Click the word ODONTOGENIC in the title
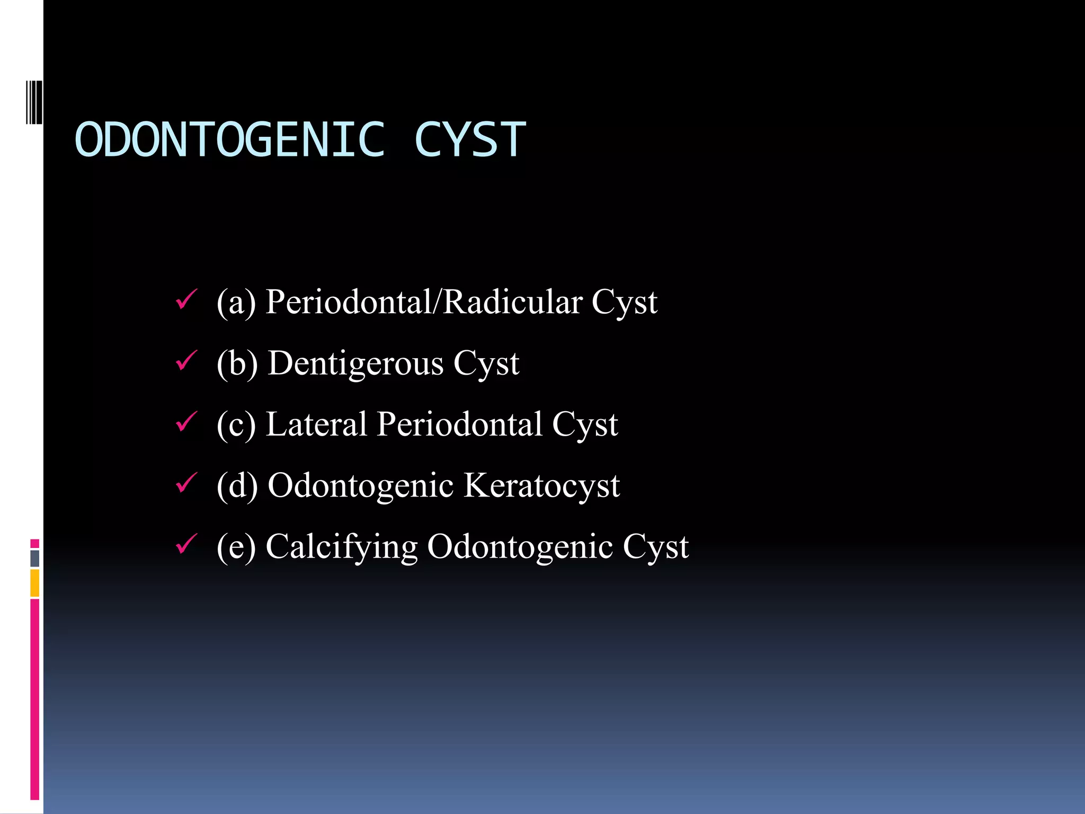[229, 139]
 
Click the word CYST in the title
[470, 139]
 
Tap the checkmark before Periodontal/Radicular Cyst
[186, 299]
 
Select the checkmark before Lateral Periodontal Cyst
[186, 422]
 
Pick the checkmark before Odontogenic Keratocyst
[186, 483]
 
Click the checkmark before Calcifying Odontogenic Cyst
[186, 544]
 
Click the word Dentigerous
[355, 364]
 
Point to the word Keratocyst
[541, 485]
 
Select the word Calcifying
[341, 547]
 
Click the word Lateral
[316, 424]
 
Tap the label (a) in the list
[236, 303]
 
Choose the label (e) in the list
[236, 547]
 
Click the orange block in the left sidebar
[34, 583]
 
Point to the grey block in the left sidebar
[34, 558]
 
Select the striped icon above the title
[34, 102]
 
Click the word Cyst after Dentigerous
[486, 364]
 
